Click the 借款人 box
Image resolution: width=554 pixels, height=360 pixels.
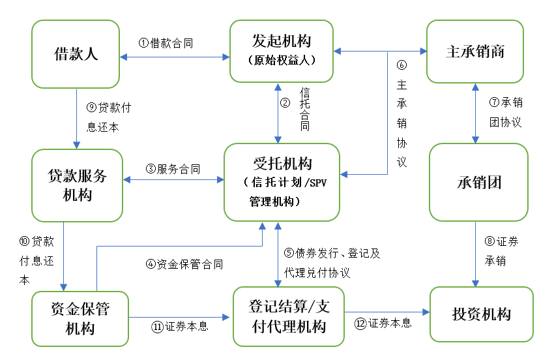[76, 53]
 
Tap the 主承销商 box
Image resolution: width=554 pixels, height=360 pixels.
[475, 52]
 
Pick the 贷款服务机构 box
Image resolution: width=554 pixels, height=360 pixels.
[77, 185]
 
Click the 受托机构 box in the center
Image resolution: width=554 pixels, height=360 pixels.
[282, 182]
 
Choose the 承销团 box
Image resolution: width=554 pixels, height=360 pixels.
[478, 182]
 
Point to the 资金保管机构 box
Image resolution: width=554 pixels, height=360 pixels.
[80, 318]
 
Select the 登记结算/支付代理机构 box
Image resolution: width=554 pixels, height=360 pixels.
[289, 316]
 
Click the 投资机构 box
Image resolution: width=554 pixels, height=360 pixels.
[481, 314]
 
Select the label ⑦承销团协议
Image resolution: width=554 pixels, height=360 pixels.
[505, 112]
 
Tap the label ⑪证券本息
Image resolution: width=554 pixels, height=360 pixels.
[179, 326]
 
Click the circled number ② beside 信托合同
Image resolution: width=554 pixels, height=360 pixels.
[285, 102]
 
